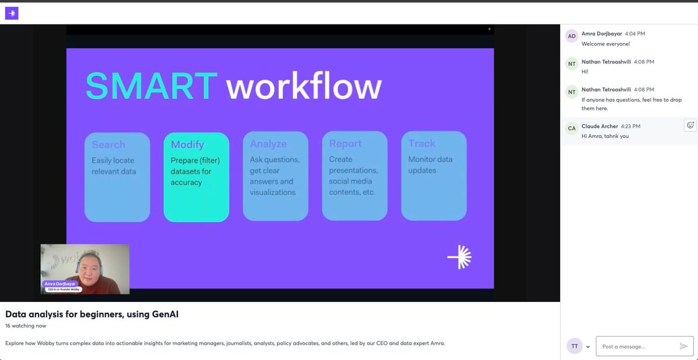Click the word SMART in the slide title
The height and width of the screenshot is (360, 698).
pyautogui.click(x=151, y=87)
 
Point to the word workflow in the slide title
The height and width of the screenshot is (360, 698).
pyautogui.click(x=304, y=87)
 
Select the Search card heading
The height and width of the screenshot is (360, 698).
pyautogui.click(x=108, y=145)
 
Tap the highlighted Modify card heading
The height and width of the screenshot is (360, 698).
pyautogui.click(x=187, y=145)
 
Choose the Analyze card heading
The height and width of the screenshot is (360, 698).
pyautogui.click(x=268, y=144)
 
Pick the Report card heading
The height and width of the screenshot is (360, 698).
pyautogui.click(x=346, y=144)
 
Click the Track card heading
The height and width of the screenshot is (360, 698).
pyautogui.click(x=422, y=144)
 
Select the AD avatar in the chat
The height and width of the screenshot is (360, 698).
pyautogui.click(x=572, y=36)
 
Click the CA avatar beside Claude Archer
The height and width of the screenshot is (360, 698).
pyautogui.click(x=572, y=128)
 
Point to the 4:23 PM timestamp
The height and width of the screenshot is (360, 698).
pyautogui.click(x=631, y=126)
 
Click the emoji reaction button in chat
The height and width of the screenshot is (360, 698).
pyautogui.click(x=690, y=124)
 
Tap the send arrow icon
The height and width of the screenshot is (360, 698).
pyautogui.click(x=683, y=347)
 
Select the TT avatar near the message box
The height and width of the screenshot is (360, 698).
pyautogui.click(x=575, y=347)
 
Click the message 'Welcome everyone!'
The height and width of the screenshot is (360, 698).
pyautogui.click(x=606, y=44)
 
